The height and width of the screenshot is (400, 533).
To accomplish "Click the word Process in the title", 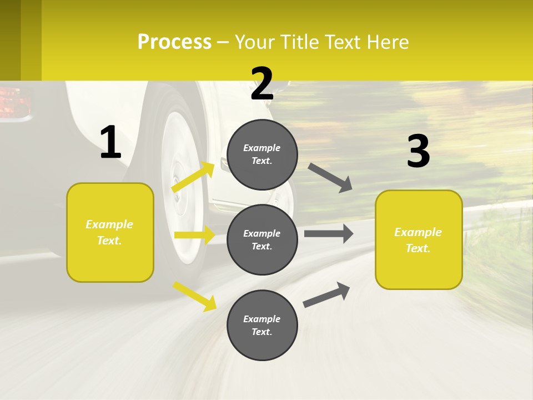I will tap(174, 42).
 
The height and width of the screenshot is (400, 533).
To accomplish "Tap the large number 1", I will tap(110, 142).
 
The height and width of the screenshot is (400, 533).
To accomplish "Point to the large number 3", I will tap(419, 151).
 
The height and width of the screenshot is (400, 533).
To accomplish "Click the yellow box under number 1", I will tap(110, 232).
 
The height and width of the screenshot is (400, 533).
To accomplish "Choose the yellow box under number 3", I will tap(419, 239).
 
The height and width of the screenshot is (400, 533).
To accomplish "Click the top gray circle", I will tap(262, 154).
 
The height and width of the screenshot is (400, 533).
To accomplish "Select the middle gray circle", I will tap(262, 239).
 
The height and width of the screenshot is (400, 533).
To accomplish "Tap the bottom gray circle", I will tap(262, 325).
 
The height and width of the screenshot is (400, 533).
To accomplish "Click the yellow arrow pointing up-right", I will tap(193, 177).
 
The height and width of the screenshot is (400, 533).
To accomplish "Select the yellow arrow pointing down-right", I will tap(194, 296).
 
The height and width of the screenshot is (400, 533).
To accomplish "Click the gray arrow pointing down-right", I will tap(330, 177).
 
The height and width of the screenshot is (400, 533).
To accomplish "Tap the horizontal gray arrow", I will tap(329, 233).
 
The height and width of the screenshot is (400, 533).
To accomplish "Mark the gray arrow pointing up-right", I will tap(326, 294).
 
